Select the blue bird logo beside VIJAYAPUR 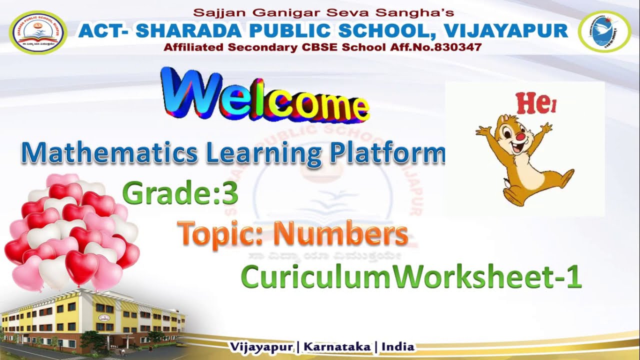[x=603, y=32]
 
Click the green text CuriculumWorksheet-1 [x=411, y=277]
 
